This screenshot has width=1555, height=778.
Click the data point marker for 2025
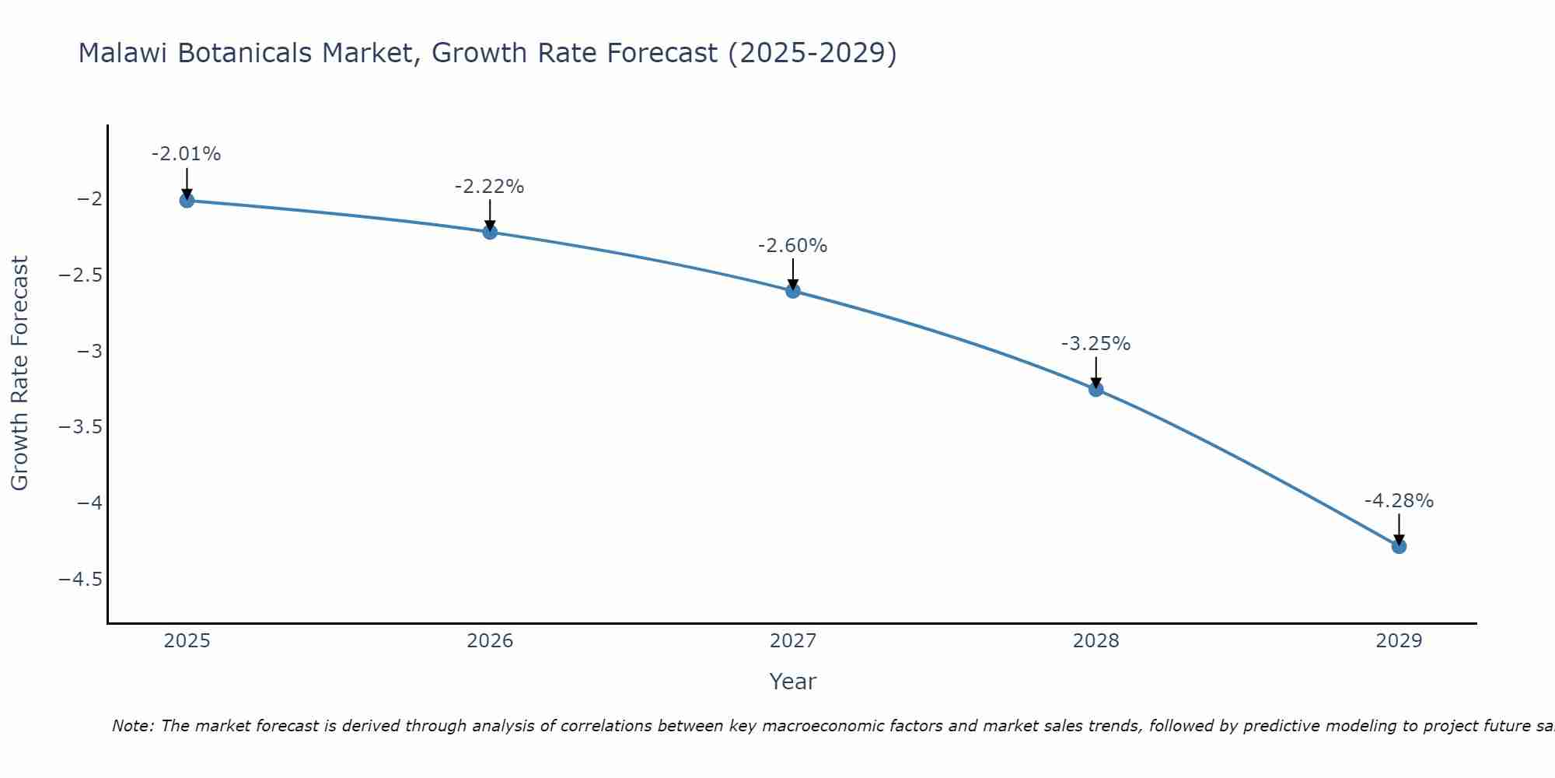[187, 201]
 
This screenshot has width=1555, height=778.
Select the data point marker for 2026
[490, 232]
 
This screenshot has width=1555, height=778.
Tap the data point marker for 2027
[793, 291]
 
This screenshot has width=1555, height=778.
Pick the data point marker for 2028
[1096, 389]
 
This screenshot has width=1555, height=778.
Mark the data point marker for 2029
[1399, 546]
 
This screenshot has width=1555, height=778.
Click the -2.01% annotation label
[187, 154]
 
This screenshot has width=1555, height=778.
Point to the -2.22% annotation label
[490, 187]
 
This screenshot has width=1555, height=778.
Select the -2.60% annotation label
[793, 246]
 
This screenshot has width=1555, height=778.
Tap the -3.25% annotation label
[1096, 344]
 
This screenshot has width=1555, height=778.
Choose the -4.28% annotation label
[1399, 501]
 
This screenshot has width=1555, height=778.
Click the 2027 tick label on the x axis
[793, 641]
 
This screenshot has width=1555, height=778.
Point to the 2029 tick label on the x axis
[1399, 641]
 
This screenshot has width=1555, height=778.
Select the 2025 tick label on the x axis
[187, 641]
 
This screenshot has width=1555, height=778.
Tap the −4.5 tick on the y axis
[80, 580]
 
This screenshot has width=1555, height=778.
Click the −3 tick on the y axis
[90, 352]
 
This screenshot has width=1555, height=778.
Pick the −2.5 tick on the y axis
[80, 275]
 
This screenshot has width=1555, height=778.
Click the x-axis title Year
[793, 682]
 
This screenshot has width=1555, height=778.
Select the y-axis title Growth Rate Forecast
[20, 373]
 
